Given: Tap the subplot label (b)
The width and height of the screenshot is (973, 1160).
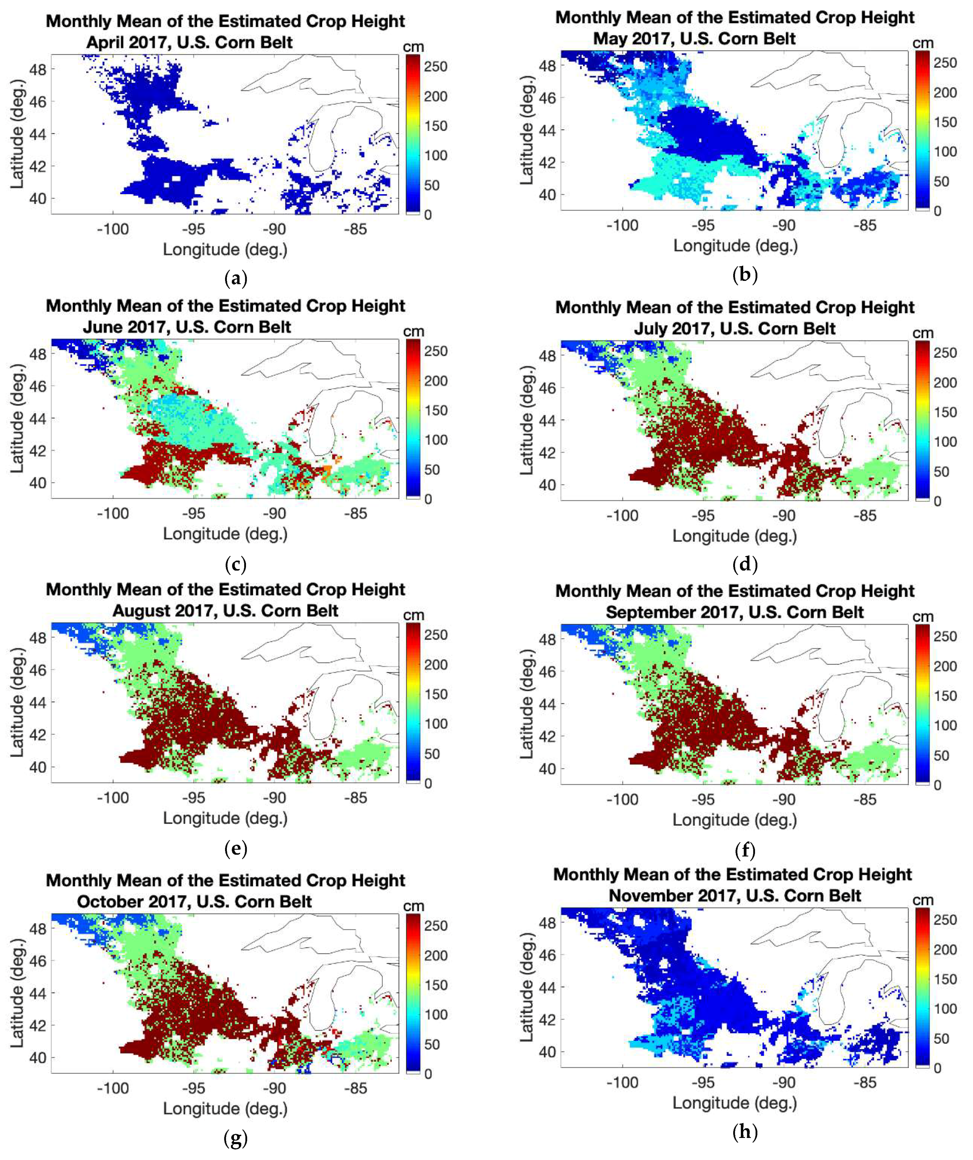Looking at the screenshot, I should (744, 275).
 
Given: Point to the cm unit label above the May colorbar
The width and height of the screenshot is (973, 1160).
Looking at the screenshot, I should (922, 43).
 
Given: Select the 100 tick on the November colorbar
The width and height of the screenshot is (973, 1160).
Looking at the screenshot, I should (945, 1009).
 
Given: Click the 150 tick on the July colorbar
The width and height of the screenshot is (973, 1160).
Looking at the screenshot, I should (945, 412).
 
